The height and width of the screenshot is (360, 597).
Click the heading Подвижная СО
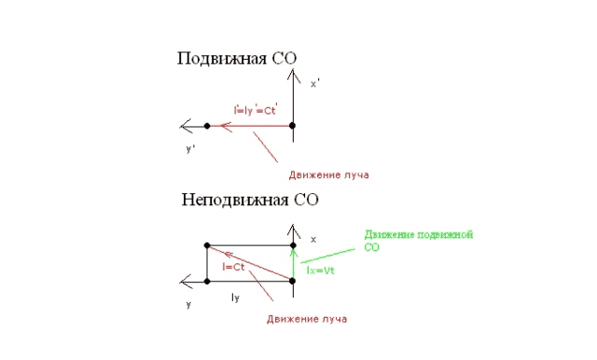[237, 59]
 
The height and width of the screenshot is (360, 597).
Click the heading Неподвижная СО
[251, 199]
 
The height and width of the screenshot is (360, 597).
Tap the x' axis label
[315, 83]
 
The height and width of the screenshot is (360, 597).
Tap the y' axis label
[189, 148]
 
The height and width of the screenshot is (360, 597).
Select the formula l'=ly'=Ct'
[257, 110]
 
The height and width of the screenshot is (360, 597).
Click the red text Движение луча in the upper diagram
[322, 174]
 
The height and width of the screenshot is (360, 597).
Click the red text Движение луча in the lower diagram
[307, 320]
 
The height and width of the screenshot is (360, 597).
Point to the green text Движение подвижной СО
[419, 241]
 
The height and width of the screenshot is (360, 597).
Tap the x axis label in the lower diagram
[312, 239]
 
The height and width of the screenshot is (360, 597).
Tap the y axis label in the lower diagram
[188, 304]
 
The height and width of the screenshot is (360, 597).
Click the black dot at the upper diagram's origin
[293, 125]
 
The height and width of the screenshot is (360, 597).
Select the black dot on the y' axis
[207, 125]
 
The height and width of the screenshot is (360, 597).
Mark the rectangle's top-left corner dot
[207, 245]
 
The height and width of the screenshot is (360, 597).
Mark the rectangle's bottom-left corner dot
[207, 280]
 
